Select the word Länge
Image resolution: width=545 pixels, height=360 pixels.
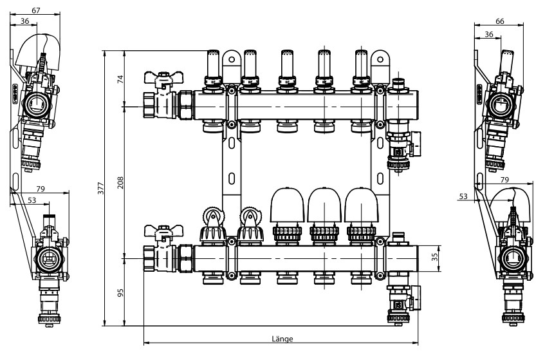[x=282, y=339]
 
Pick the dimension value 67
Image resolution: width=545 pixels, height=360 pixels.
[x=36, y=10]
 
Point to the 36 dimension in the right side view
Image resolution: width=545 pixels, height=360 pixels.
[x=488, y=33]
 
